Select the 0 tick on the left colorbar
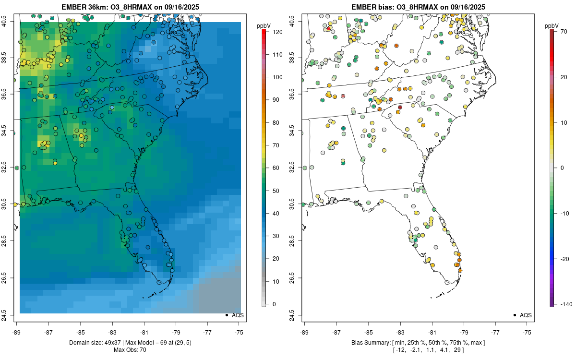(x=273, y=304)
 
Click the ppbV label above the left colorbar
(x=264, y=25)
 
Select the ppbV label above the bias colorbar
(x=552, y=25)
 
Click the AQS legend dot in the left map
(x=226, y=315)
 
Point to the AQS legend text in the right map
(x=526, y=315)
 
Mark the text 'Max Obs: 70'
(x=130, y=350)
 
